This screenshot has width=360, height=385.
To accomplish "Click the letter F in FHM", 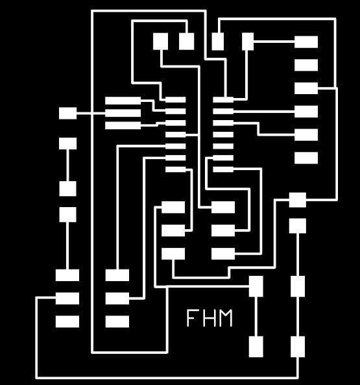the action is pos(191,317).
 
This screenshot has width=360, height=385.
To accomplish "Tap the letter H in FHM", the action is pos(209,317).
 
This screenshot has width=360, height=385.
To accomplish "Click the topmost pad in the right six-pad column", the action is pos(306,42).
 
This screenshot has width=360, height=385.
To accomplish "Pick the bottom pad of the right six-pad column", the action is pos(306,158).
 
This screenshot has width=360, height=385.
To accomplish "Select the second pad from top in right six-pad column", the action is pos(306,65).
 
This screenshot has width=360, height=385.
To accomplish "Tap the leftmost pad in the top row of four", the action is pos(161,42).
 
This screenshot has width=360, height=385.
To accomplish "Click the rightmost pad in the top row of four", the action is pos(248,42).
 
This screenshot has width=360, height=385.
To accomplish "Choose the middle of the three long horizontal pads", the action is pos(123,113).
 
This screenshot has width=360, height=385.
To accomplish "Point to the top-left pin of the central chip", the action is pos(176,100).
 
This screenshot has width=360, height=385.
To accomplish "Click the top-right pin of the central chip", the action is pos(223,100).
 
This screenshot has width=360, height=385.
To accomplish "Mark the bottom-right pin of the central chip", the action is pos(223,169).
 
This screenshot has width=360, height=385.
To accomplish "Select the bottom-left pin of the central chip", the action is pos(176,169).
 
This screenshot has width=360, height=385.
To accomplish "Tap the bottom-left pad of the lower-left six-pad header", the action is pos(67,321).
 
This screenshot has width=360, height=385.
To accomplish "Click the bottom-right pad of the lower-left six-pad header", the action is pos(117,321).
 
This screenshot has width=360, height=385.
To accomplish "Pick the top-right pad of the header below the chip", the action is pos(223,207).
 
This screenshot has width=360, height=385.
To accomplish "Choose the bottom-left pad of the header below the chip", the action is pos(173,254).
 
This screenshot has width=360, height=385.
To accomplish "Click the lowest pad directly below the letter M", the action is pos(256,347).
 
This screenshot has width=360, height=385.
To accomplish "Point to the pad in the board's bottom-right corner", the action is pos(298,347).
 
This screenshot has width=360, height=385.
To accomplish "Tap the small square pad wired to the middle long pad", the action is pos(67,113).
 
